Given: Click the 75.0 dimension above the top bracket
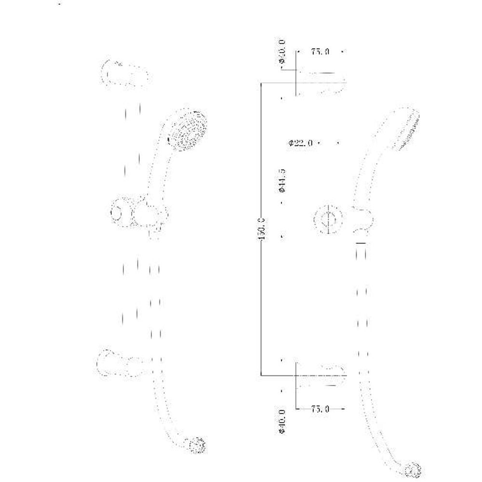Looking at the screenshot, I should pos(320,52).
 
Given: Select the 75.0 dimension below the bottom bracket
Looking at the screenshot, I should pos(320,409).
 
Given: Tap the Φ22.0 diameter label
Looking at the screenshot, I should pos(301,143).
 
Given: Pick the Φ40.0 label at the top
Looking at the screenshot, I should pos(282,52).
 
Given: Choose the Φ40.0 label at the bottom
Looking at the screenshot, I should pos(282,421).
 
